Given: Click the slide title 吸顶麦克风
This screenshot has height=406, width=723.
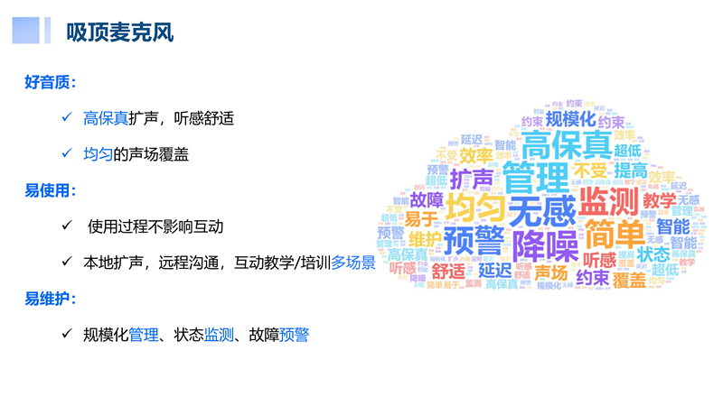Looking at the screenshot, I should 119,33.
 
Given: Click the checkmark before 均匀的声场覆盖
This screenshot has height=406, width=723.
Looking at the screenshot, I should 66,154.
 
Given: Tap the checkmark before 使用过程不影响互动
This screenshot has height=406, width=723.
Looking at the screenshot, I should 66,226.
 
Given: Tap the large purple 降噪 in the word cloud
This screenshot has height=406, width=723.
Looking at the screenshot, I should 544,245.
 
